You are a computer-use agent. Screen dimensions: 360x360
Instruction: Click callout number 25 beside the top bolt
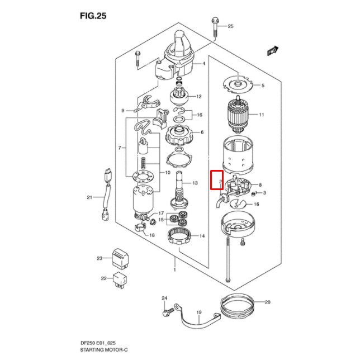tap(230, 26)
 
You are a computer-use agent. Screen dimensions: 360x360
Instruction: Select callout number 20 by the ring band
tap(268, 302)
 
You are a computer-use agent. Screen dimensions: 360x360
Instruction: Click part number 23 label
tap(100, 258)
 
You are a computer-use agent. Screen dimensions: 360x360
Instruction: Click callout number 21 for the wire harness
tap(89, 197)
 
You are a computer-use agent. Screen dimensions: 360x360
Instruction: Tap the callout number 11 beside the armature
tap(261, 115)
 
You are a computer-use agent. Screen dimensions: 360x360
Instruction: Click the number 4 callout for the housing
tap(204, 64)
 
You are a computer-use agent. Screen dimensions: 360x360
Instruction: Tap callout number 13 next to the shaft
tap(195, 183)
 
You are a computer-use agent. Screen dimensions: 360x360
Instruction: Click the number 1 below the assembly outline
tap(175, 270)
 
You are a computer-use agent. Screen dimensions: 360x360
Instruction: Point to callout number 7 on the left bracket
tap(119, 148)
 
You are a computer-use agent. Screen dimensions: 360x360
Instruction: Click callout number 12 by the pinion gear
tap(198, 97)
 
